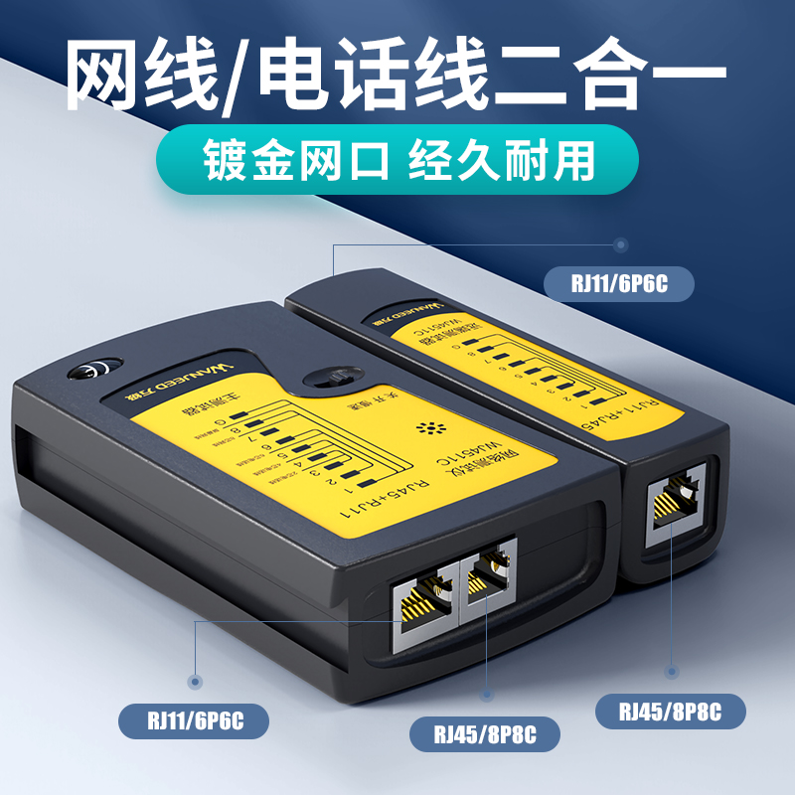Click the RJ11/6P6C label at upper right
[x=618, y=284]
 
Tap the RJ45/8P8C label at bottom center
[x=486, y=735]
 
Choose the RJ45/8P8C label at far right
[x=670, y=713]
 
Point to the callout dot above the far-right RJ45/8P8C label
[x=671, y=673]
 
